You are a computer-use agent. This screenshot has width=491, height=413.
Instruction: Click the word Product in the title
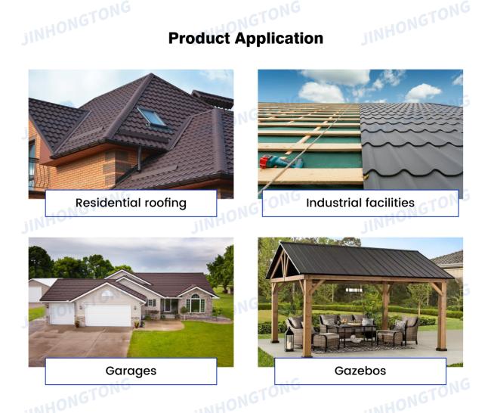[x=199, y=39]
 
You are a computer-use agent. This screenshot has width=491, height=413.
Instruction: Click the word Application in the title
[x=279, y=39]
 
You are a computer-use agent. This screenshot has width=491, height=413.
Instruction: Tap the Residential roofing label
[x=131, y=203]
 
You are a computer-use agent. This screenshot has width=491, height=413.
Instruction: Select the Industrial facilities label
[x=360, y=203]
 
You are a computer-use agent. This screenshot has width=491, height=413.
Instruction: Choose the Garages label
[x=131, y=371]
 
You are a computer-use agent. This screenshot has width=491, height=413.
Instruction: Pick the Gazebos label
[x=360, y=371]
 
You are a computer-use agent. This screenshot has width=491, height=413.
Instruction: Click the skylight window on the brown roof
[x=152, y=116]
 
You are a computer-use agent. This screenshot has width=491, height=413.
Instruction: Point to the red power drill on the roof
[x=280, y=162]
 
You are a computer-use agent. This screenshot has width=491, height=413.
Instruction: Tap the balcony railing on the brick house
[x=39, y=174]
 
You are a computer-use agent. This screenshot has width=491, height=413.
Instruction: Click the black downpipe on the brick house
[x=139, y=160]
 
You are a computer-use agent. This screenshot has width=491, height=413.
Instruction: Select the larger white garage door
[x=108, y=315]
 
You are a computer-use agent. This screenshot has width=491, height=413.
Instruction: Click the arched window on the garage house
[x=196, y=303]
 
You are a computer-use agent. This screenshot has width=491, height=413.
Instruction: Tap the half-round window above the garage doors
[x=107, y=294]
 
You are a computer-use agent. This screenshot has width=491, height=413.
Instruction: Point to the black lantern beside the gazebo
[x=289, y=340]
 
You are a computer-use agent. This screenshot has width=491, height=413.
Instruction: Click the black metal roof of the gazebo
[x=360, y=261]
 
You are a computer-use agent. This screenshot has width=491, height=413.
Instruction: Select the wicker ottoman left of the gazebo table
[x=326, y=341]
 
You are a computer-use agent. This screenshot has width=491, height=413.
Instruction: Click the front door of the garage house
[x=167, y=306]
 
